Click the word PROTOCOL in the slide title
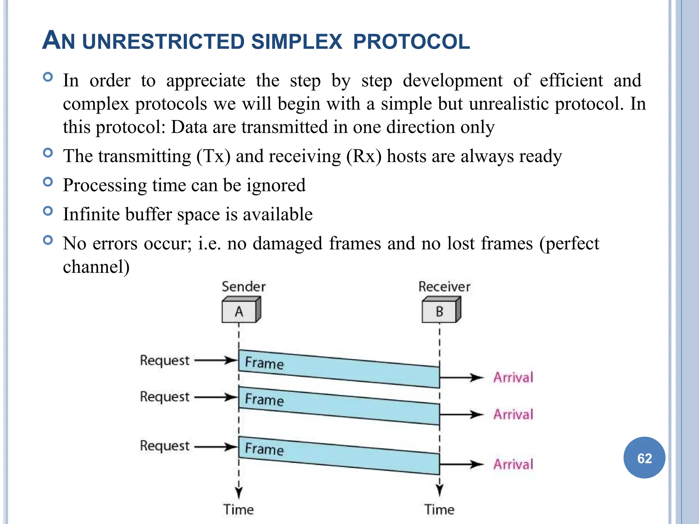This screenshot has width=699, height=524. point(411,42)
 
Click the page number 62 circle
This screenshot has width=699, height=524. point(644,458)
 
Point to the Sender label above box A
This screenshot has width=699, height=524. point(243,287)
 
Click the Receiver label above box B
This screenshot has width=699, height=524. point(444,287)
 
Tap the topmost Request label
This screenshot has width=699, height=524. point(165,361)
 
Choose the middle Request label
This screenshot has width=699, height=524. point(165,397)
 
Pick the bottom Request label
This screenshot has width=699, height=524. point(165,446)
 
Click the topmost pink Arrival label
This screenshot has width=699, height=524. point(513,378)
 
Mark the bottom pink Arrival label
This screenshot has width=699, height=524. point(513,465)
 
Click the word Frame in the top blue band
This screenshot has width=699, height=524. point(264,363)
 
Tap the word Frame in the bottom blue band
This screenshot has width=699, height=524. point(264,449)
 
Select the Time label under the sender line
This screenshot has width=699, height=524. point(239,510)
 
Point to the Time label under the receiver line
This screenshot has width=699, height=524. point(439,510)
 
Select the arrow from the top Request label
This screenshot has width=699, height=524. point(216,360)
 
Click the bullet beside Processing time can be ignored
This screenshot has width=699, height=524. point(48,182)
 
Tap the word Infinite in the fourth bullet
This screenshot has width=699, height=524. point(89,215)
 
